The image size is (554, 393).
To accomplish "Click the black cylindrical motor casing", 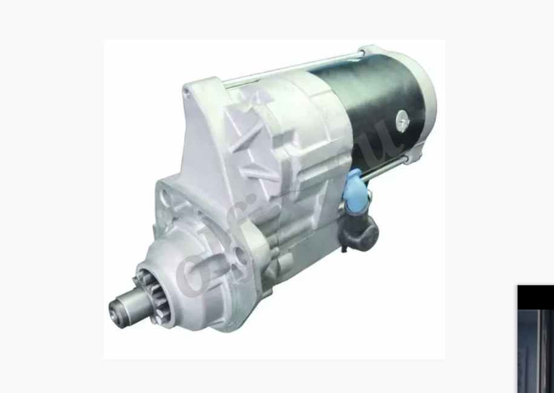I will click(369, 109).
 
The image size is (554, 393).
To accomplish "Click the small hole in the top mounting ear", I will click(187, 92).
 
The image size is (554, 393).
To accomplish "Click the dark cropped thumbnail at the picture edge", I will click(535, 339).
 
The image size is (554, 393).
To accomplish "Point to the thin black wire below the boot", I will click(343, 245).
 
